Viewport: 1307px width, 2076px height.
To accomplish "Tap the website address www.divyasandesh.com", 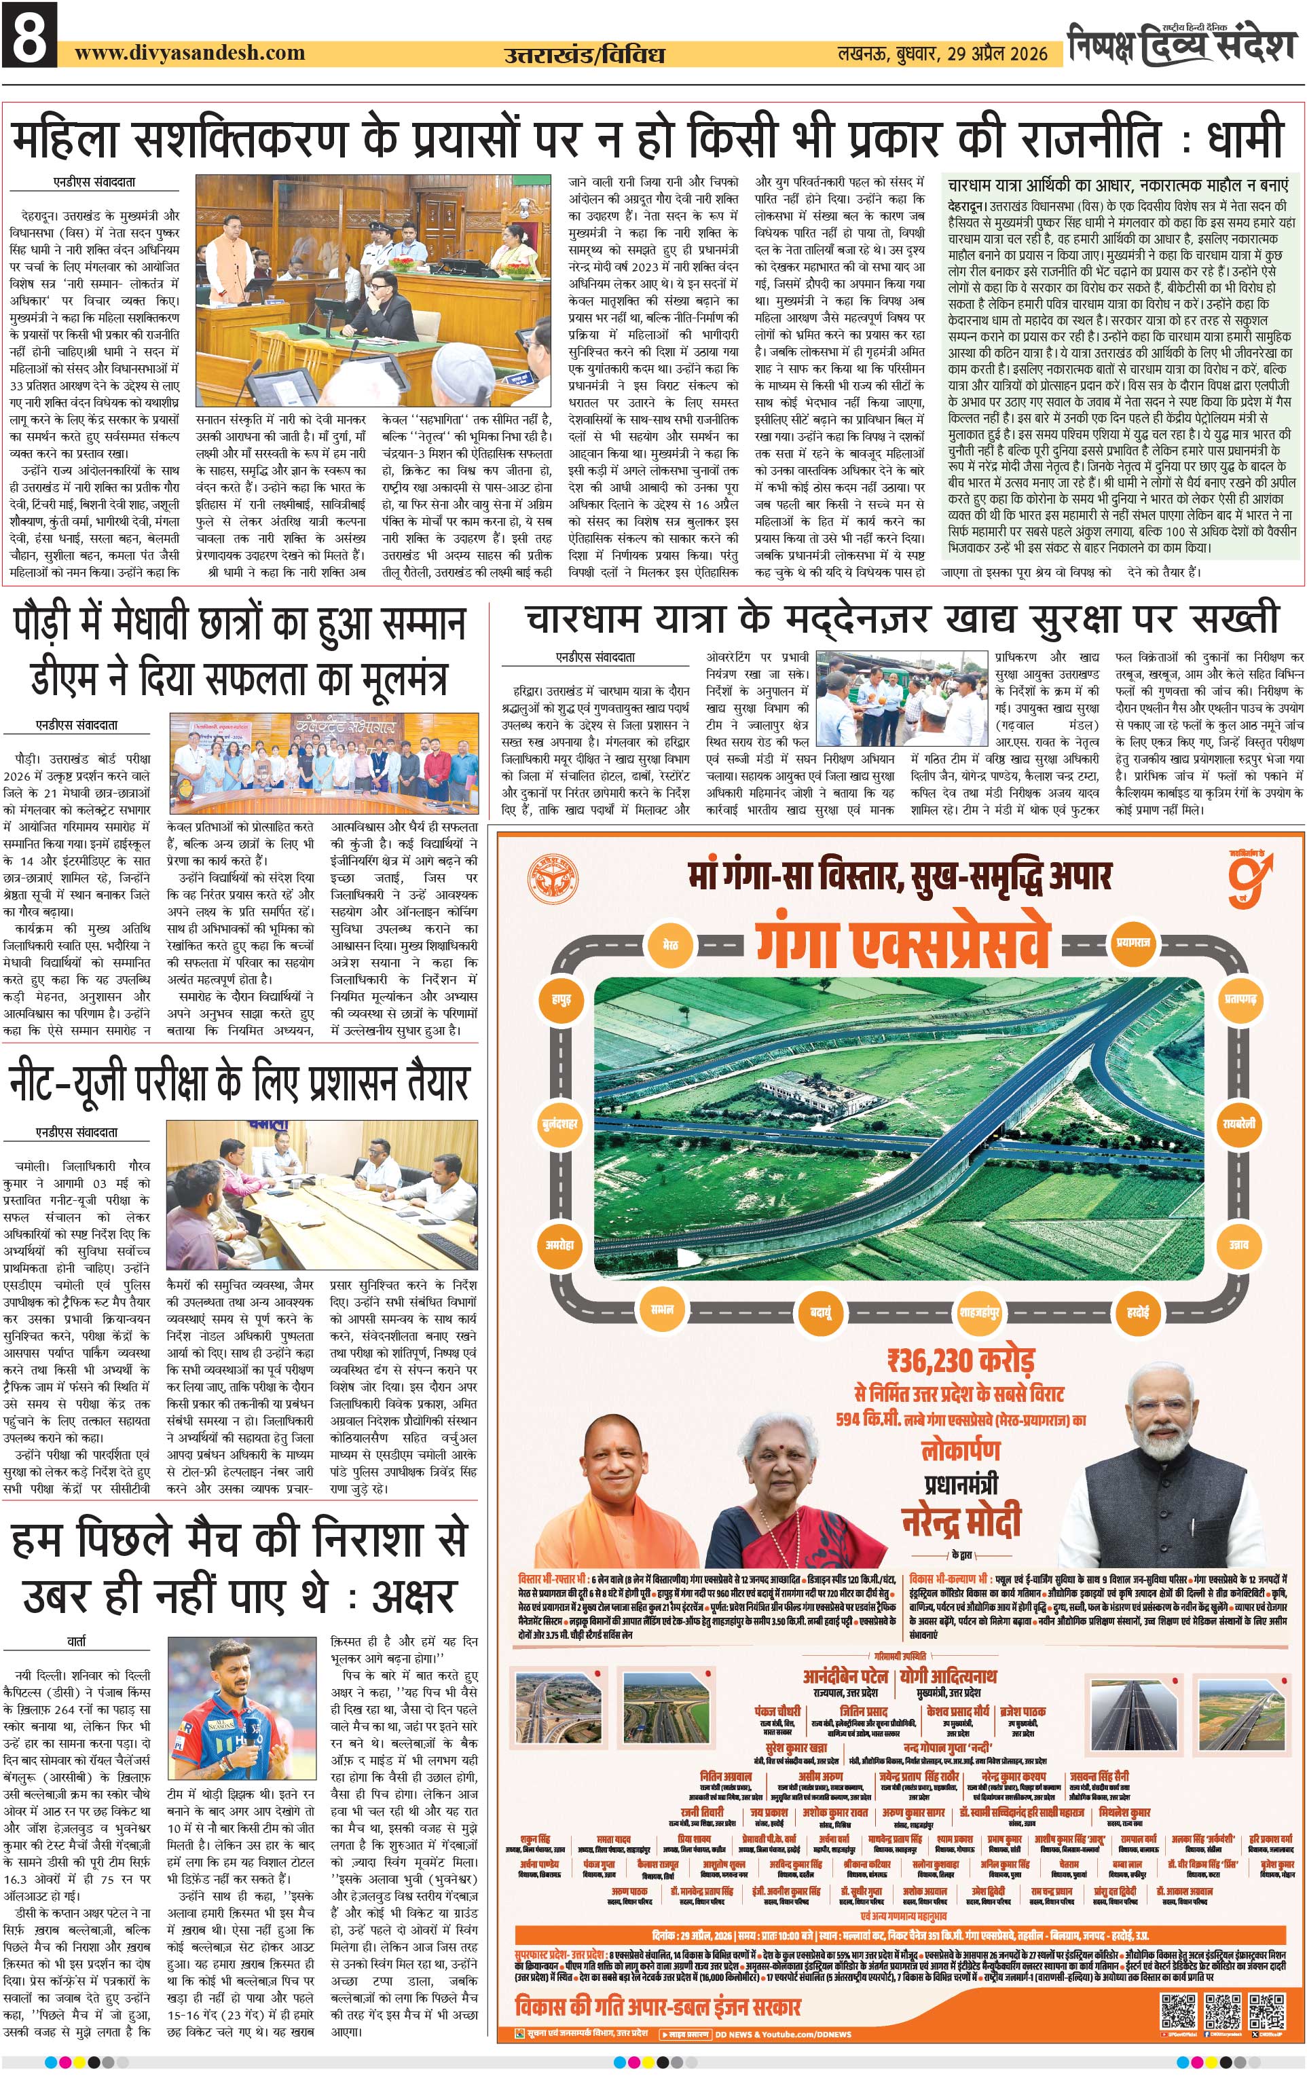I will (189, 52).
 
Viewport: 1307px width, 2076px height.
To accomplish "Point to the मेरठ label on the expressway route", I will (670, 945).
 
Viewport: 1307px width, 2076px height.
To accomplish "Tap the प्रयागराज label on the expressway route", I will (1134, 942).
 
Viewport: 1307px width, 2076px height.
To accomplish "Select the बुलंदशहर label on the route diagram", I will (560, 1124).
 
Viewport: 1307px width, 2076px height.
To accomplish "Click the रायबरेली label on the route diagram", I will (1240, 1124).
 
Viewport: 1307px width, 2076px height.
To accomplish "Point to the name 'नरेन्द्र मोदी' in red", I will (961, 1519).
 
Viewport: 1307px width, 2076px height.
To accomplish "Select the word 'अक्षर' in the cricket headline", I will (412, 1597).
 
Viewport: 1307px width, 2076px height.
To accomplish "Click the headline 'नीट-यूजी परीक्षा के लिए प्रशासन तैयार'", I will (239, 1083).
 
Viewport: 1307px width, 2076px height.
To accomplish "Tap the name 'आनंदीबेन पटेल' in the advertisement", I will (844, 1676).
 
